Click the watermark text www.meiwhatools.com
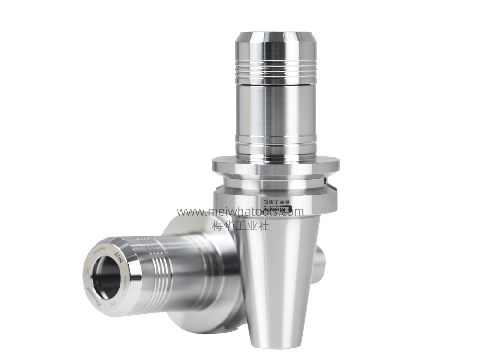(240, 212)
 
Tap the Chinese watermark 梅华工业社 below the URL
(240, 225)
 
